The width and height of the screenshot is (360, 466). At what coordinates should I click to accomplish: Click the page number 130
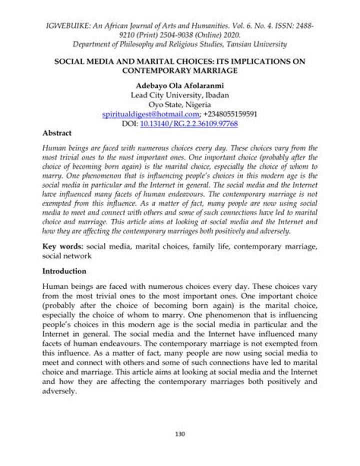180,433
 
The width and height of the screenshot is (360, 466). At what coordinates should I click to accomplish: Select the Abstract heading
57,133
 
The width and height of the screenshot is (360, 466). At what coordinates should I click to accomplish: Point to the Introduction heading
64,271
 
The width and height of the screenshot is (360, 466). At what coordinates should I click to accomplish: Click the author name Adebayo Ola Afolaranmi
180,86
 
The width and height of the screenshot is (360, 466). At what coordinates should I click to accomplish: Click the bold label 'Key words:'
63,247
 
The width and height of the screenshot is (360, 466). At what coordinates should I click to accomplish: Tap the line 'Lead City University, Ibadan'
180,95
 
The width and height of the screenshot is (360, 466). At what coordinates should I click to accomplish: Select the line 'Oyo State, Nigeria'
180,105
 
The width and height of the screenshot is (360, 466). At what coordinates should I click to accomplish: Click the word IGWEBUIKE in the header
67,25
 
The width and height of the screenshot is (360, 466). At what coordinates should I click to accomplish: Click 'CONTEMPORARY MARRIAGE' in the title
180,71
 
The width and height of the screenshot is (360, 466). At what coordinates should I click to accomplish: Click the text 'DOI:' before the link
129,123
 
